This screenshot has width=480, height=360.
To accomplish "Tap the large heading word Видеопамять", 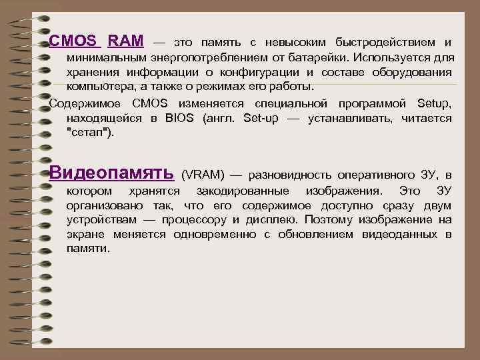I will (x=112, y=173).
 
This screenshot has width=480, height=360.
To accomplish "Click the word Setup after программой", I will (x=433, y=103).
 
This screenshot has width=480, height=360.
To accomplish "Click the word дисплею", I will (x=272, y=219).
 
